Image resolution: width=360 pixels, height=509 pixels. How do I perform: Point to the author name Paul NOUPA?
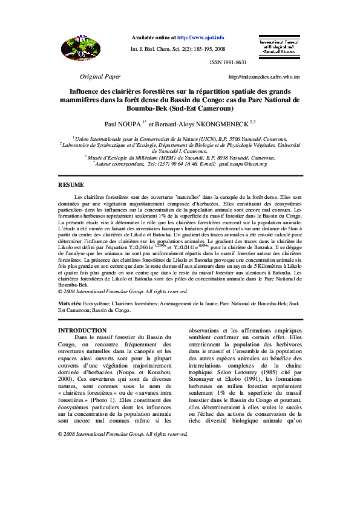click(x=122, y=123)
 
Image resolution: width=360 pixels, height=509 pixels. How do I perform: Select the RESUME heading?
click(x=71, y=184)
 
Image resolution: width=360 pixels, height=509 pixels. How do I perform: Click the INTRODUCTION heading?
click(x=82, y=330)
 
